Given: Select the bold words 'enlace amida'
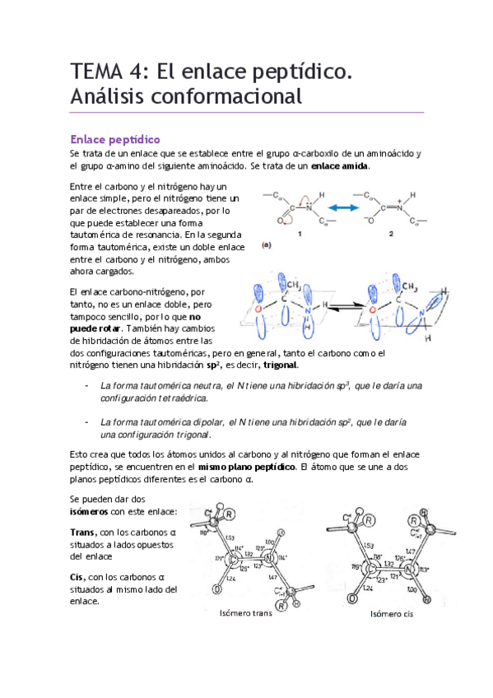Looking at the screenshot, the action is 340,165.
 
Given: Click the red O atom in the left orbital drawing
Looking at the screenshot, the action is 258,309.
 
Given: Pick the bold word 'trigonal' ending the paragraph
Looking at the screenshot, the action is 281,365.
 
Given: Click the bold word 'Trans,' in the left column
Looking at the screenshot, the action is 84,531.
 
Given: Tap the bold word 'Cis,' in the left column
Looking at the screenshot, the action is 80,577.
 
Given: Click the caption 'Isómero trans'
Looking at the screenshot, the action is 247,613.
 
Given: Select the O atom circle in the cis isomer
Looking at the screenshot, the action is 351,598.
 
